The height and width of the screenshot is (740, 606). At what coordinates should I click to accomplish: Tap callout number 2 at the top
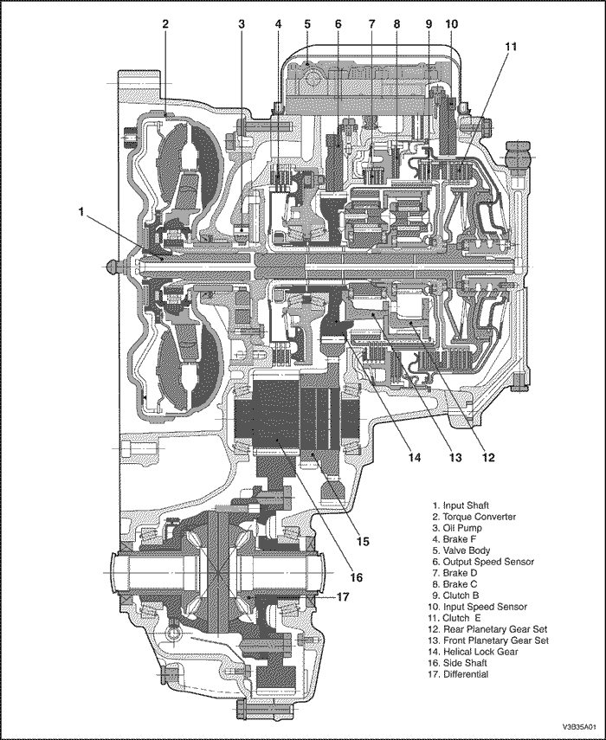(x=164, y=24)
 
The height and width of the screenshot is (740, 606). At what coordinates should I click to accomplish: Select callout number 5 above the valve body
(x=306, y=24)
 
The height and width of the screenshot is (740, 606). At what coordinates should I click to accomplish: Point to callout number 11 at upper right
(x=511, y=48)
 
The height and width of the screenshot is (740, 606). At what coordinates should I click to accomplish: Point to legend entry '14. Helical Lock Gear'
(x=484, y=652)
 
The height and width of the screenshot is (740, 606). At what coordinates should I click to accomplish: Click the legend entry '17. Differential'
(x=469, y=674)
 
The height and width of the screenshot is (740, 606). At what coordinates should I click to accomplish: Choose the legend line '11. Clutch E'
(x=465, y=618)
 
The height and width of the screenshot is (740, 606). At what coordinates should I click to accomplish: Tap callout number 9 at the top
(x=428, y=24)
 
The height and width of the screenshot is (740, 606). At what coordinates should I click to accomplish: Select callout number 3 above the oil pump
(x=242, y=24)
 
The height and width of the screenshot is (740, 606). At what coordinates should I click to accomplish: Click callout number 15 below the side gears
(x=361, y=542)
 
